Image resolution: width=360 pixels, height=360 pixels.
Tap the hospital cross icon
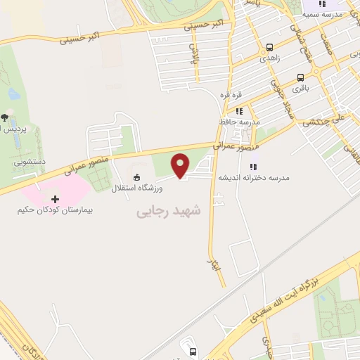55,200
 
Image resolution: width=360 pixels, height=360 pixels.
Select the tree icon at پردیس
5,117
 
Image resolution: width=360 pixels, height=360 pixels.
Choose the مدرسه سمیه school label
328,13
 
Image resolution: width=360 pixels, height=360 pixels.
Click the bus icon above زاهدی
270,48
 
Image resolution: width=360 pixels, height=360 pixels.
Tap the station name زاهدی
270,59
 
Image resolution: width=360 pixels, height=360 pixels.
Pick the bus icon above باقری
302,77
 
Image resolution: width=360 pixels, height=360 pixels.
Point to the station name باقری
302,89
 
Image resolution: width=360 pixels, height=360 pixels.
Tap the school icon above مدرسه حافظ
239,111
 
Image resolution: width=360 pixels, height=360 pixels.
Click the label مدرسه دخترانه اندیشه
255,178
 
